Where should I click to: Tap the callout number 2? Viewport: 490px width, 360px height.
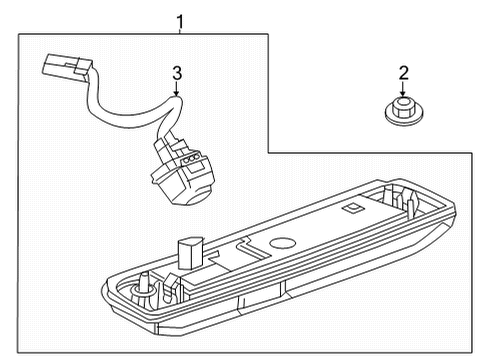(404, 71)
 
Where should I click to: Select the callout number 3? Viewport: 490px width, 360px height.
(176, 72)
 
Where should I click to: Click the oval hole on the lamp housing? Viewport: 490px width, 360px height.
(284, 243)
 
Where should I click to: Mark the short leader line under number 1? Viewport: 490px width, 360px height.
(180, 29)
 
